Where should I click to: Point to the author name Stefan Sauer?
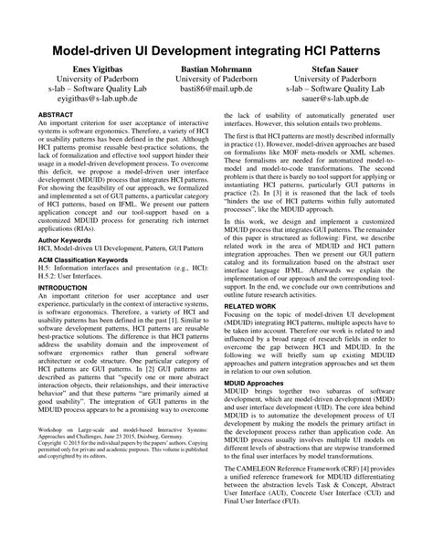[336, 69]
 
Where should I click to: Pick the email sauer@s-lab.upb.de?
[336, 105]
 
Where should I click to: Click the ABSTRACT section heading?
[57, 117]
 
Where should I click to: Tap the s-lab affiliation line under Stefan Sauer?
[336, 93]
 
